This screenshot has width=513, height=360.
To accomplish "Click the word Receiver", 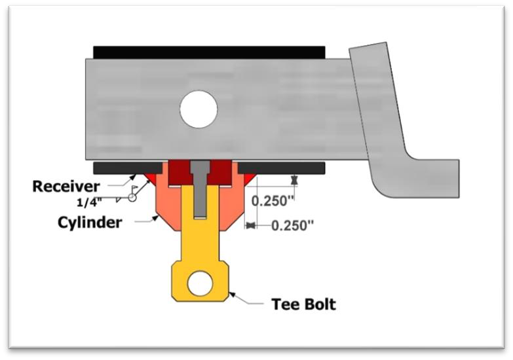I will (66, 186).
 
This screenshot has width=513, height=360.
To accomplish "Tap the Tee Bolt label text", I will (303, 304).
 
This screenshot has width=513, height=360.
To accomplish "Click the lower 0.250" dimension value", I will (292, 225).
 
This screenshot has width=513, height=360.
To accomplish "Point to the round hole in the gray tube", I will (198, 109).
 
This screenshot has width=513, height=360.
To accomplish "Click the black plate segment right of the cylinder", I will (282, 168).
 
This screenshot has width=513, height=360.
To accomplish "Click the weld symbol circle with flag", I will (133, 197).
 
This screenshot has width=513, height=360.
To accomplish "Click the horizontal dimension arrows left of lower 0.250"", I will (250, 225).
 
